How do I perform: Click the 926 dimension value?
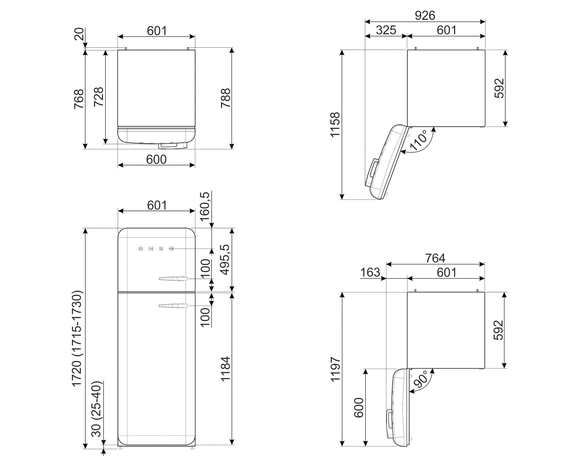pyautogui.click(x=425, y=16)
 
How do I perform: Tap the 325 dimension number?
pyautogui.click(x=386, y=30)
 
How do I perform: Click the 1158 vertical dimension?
pyautogui.click(x=335, y=125)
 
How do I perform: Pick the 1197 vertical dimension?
pyautogui.click(x=335, y=369)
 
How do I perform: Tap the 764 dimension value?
pyautogui.click(x=435, y=258)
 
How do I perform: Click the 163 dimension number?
pyautogui.click(x=370, y=273)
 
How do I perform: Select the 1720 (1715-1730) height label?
pyautogui.click(x=77, y=338)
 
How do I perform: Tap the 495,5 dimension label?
pyautogui.click(x=225, y=260)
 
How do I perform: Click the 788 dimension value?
pyautogui.click(x=225, y=98)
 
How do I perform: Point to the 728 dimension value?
pyautogui.click(x=99, y=97)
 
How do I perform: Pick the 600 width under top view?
pyautogui.click(x=156, y=160)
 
